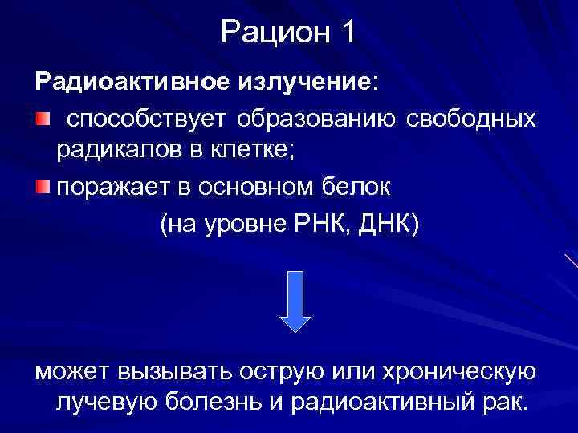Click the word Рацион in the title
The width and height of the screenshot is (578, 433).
click(269, 34)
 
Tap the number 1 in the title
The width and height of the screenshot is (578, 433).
click(347, 34)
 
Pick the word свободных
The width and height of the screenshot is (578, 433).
click(471, 119)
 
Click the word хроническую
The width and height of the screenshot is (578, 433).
click(456, 371)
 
